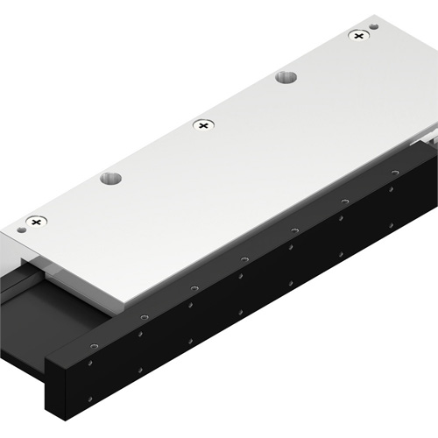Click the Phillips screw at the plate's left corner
point(35,223)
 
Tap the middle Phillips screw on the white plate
point(202,126)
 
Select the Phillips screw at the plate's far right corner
point(357,36)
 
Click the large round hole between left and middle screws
point(110,180)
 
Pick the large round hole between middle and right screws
point(286,78)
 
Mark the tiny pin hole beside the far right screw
point(375,27)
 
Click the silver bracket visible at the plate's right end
point(429,136)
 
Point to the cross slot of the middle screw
point(202,126)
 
